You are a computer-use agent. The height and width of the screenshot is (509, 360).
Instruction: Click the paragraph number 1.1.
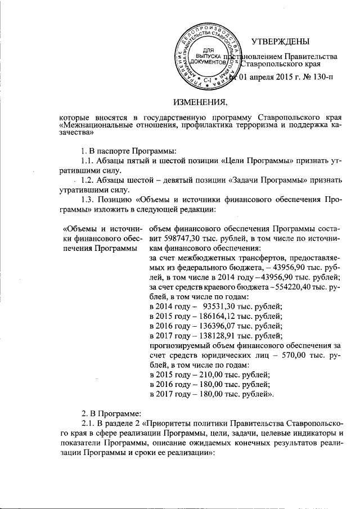[x=90, y=160]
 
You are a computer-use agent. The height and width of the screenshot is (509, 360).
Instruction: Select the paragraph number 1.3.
[x=90, y=199]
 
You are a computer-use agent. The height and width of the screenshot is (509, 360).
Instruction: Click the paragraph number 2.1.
[x=90, y=422]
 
